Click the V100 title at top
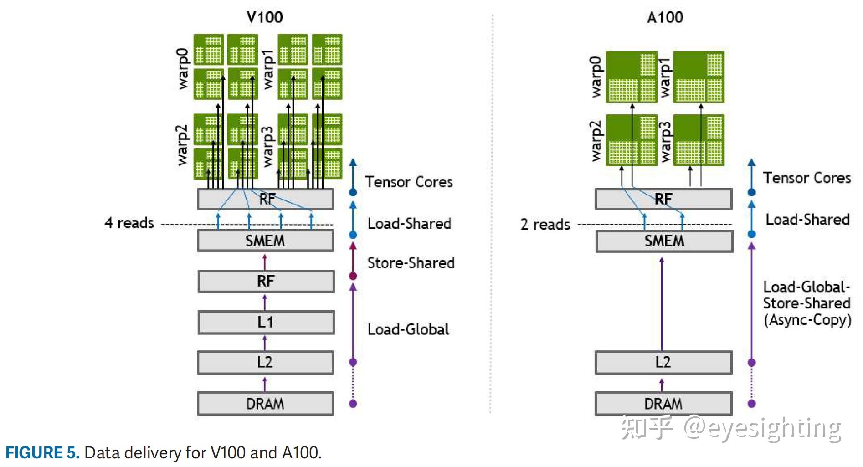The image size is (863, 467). point(264,17)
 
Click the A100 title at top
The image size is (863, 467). point(665,17)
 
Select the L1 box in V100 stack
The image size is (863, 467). point(266,322)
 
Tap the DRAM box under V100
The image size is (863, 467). point(265,404)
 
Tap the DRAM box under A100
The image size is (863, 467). point(663,404)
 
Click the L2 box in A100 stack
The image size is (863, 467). point(663,362)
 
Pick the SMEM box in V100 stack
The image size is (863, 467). point(265,241)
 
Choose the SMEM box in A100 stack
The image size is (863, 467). point(664,241)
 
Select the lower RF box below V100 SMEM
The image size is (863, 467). point(266,281)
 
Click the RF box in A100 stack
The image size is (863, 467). point(663,199)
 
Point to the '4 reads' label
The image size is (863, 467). point(129,223)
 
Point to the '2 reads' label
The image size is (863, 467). point(545,225)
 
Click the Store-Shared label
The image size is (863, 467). point(411,263)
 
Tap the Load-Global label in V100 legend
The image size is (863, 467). point(408,329)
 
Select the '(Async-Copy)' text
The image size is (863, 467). point(807,320)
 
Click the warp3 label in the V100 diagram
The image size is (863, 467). point(267,146)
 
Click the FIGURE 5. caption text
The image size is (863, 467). point(42,452)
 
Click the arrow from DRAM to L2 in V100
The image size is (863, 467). point(265,384)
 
